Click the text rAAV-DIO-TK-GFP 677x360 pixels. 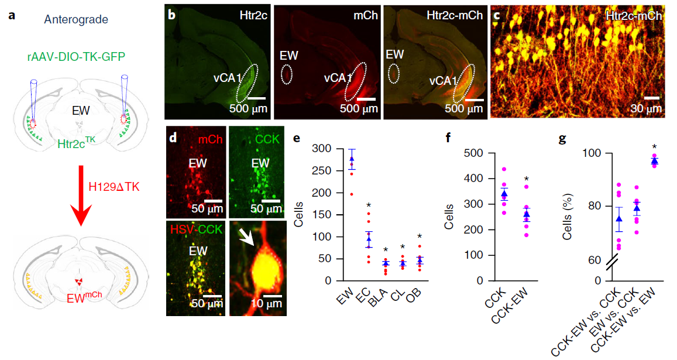pos(75,57)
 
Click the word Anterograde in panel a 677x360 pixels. pos(76,20)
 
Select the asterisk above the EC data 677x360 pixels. pos(369,204)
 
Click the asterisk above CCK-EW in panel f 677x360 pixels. pos(526,179)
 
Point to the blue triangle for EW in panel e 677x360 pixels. pos(352,159)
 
